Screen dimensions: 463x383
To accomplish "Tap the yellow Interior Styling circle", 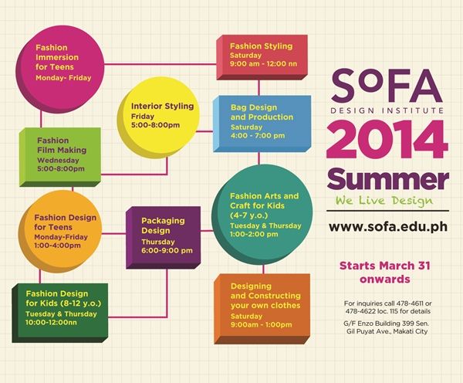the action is point(158,117).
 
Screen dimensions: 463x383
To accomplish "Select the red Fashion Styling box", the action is point(262,57).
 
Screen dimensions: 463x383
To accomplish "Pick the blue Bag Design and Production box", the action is point(262,124).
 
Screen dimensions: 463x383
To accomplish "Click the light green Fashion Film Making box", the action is point(60,157).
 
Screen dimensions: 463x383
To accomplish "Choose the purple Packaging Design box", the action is point(164,238).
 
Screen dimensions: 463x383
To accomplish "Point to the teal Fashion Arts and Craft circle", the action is point(262,215).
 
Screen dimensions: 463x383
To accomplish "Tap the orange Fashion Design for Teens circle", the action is point(60,232).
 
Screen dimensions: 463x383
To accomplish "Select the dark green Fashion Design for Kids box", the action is point(60,313).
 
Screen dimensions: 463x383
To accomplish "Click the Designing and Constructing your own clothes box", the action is point(262,309).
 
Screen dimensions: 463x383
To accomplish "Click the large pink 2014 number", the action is point(387,140).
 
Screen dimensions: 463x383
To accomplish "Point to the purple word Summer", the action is point(388,179).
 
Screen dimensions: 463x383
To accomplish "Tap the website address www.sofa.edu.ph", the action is point(388,227).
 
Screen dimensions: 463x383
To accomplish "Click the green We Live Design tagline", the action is point(384,201).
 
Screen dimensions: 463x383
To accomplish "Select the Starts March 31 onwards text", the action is point(385,272).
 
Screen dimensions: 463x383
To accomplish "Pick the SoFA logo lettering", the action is point(387,85).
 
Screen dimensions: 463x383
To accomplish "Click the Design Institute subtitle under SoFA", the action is point(387,111).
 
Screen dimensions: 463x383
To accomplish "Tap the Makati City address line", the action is point(387,331).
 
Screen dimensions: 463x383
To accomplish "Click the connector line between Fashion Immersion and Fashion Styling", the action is point(161,64).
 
